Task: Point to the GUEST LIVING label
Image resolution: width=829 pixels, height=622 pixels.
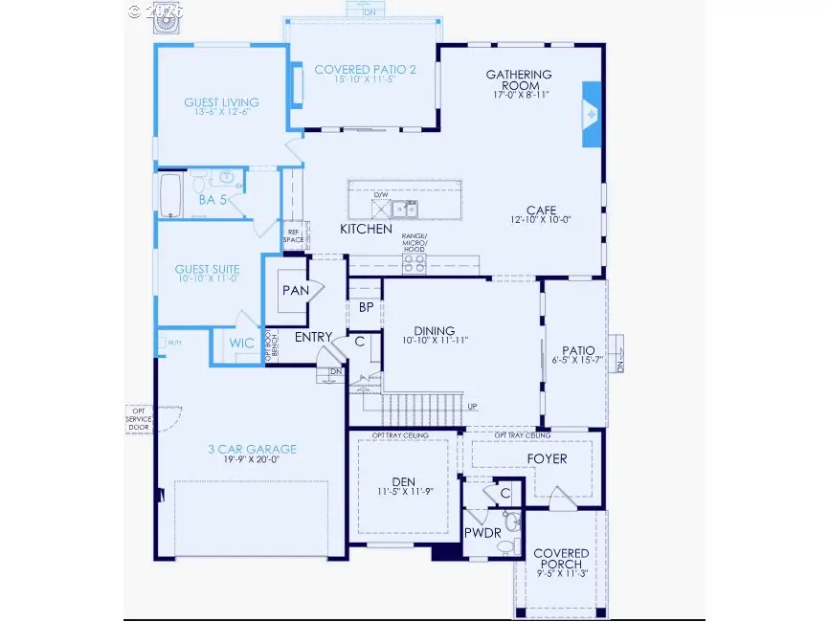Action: [222, 102]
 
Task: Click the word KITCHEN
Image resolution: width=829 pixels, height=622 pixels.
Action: [367, 230]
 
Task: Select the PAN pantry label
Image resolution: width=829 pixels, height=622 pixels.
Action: [293, 288]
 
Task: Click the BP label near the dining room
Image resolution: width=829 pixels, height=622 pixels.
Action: [366, 307]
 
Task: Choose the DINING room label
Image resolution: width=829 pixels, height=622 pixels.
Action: [435, 331]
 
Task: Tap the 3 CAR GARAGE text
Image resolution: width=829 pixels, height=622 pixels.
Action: [253, 449]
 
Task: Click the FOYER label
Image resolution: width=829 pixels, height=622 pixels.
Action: [547, 458]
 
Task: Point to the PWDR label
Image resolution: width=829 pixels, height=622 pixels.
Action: [482, 531]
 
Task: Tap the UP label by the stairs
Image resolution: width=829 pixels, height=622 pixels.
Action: [472, 406]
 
